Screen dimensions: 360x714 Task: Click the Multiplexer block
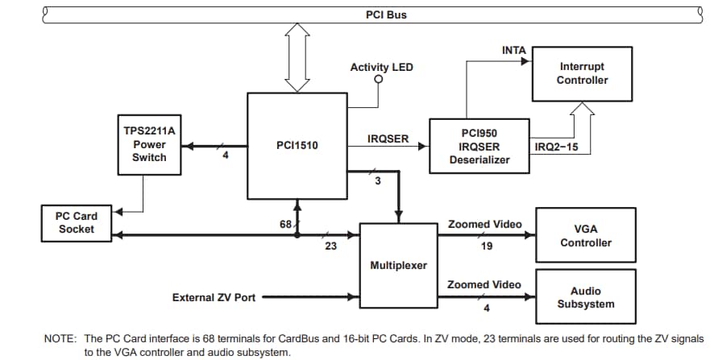[398, 265]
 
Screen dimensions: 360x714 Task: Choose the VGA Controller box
[586, 235]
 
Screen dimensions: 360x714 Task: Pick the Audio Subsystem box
[586, 297]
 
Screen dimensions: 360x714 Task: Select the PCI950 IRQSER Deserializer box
[479, 146]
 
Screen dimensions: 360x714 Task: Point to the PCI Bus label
[386, 14]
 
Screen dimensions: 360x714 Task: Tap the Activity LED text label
[381, 67]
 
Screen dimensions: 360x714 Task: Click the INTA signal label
[513, 50]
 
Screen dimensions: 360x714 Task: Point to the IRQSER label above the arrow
[388, 139]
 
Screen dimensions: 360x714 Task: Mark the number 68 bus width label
[284, 224]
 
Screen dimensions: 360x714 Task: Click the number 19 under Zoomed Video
[487, 246]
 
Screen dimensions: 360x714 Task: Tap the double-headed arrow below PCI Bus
[297, 56]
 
